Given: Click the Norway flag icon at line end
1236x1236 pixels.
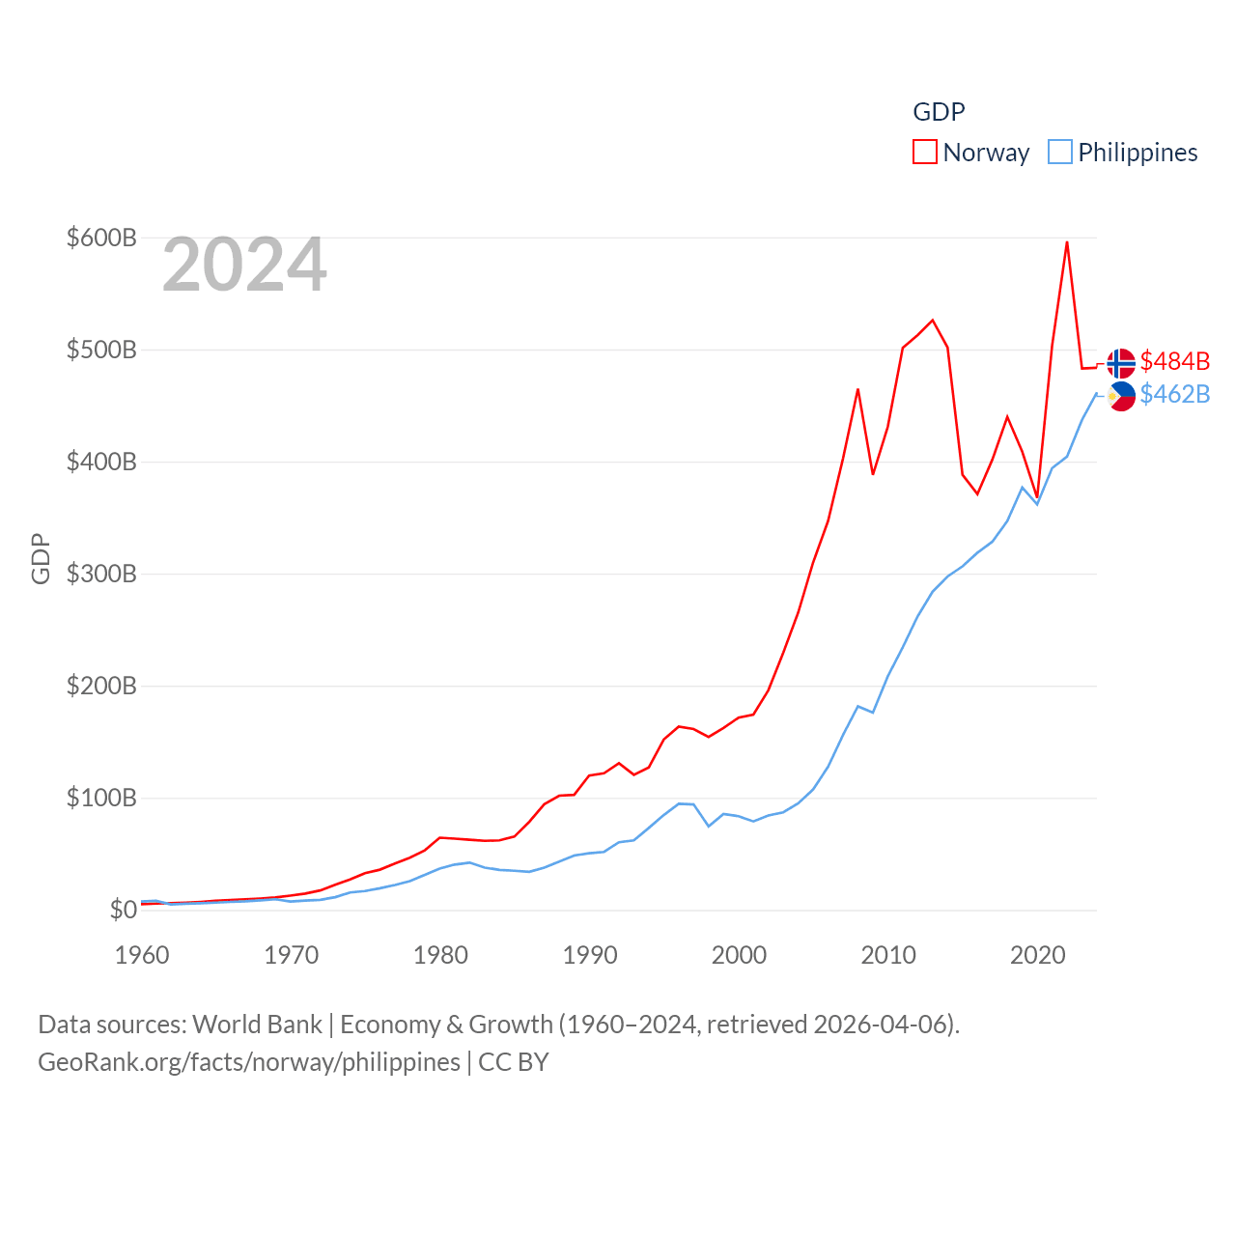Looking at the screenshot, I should coord(1121,363).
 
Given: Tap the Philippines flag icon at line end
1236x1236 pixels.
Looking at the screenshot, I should coord(1121,396).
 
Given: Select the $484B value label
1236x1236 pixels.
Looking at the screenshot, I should coord(1175,361).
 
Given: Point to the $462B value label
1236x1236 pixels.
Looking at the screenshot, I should coord(1175,394).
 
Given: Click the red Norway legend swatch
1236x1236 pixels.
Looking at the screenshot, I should coord(925,153).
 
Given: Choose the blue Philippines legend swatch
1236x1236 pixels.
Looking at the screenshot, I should coord(1060,153).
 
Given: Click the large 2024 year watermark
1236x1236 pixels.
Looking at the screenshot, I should coord(244,265).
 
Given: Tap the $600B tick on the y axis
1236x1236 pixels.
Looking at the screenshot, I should coord(101,238).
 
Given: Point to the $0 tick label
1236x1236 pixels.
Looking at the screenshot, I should coord(123,910).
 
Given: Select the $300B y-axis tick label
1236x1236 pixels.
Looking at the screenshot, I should coord(101,574).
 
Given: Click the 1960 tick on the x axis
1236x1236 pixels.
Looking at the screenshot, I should coord(142,955).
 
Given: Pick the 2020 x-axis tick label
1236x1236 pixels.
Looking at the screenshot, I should coord(1038,955).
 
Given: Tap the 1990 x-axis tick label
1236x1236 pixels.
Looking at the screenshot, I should coord(590,955).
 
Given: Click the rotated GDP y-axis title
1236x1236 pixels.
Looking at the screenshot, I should coord(41,558).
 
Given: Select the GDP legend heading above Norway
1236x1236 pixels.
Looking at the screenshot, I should coord(939,112).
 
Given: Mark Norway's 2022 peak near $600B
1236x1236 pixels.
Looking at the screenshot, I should coord(1067,242).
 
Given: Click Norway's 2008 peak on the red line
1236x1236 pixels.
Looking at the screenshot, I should coord(857,389).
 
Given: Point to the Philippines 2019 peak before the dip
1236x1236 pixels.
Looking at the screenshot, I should coord(1023,487).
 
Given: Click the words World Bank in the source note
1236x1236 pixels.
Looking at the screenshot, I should coord(257,1024).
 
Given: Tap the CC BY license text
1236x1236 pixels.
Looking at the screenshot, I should coord(514,1062).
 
